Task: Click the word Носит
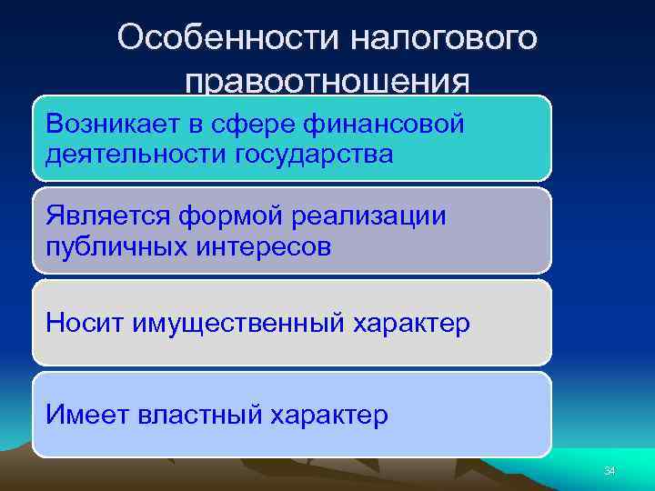pyautogui.click(x=86, y=323)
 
